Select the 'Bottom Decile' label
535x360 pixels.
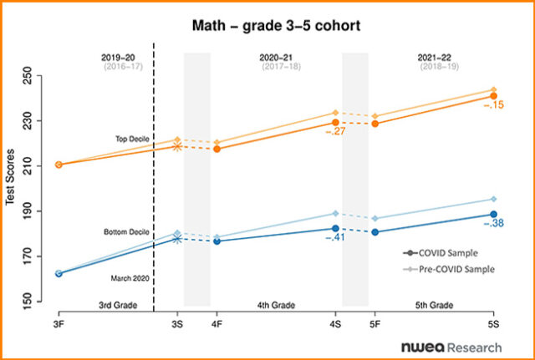(126, 231)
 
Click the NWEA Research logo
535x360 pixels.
(451, 346)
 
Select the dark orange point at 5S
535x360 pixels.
(493, 97)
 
